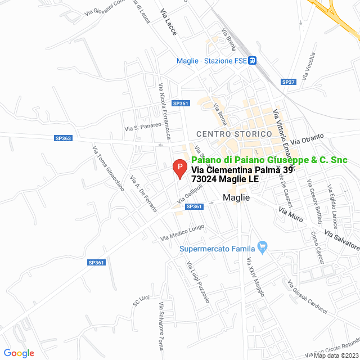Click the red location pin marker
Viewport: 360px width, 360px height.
(179, 168)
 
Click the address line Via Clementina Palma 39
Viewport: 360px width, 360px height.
(242, 170)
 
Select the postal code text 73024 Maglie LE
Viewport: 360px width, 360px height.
(225, 179)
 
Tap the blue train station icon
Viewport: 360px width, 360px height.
(254, 61)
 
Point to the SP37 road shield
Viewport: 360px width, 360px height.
(288, 82)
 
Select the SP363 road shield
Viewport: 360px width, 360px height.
(63, 138)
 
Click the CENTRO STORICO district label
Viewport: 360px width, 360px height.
(227, 133)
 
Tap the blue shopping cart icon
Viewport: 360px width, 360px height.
(261, 246)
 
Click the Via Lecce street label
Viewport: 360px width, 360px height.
(168, 23)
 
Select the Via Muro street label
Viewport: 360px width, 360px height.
(291, 213)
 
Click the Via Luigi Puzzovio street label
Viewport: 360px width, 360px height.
(198, 283)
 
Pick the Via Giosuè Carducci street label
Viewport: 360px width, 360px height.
(307, 298)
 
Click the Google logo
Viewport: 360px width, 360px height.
(19, 353)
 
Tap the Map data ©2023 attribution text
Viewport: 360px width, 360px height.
(336, 355)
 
